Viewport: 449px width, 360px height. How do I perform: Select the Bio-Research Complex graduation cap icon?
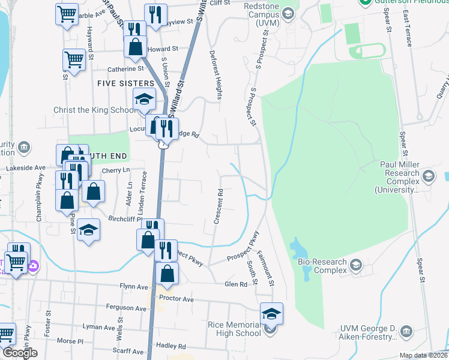[356, 265]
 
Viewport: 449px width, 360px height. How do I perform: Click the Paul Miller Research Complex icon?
[429, 176]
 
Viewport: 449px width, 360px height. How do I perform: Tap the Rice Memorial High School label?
[234, 329]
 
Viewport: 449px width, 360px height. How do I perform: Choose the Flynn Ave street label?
[133, 286]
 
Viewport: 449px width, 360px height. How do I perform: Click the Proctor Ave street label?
[176, 298]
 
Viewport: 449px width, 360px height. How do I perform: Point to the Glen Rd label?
[236, 284]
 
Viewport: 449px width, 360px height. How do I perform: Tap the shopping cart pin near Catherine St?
[73, 59]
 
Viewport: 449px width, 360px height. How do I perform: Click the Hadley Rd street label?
[171, 346]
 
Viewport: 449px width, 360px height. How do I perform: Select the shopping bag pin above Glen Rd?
[167, 274]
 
